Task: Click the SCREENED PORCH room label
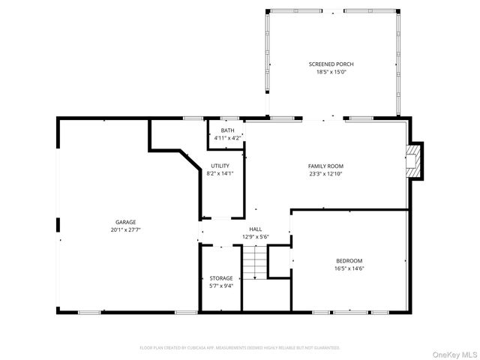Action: pos(331,64)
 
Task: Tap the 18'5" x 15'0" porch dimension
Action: pos(331,73)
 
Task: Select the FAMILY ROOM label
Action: pos(325,166)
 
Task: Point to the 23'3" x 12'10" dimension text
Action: pos(325,174)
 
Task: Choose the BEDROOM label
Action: pos(349,260)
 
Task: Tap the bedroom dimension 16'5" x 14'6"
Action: pos(349,268)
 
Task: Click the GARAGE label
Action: pos(125,222)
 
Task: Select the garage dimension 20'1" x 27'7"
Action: pos(125,230)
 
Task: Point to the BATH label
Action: pos(227,130)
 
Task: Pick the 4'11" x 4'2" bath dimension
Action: pos(227,138)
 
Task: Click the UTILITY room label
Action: pos(220,166)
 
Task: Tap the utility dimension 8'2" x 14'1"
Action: pos(220,173)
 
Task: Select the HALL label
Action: pos(255,229)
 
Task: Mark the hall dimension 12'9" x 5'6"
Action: pos(255,237)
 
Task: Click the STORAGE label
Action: pos(220,278)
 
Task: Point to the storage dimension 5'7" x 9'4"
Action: pos(220,286)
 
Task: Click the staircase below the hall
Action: pos(255,262)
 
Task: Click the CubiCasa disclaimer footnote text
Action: pos(240,348)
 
